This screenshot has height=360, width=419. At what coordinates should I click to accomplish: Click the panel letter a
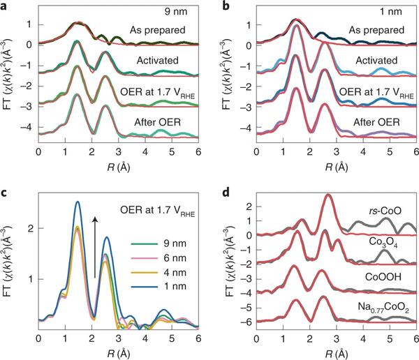point(5,7)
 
